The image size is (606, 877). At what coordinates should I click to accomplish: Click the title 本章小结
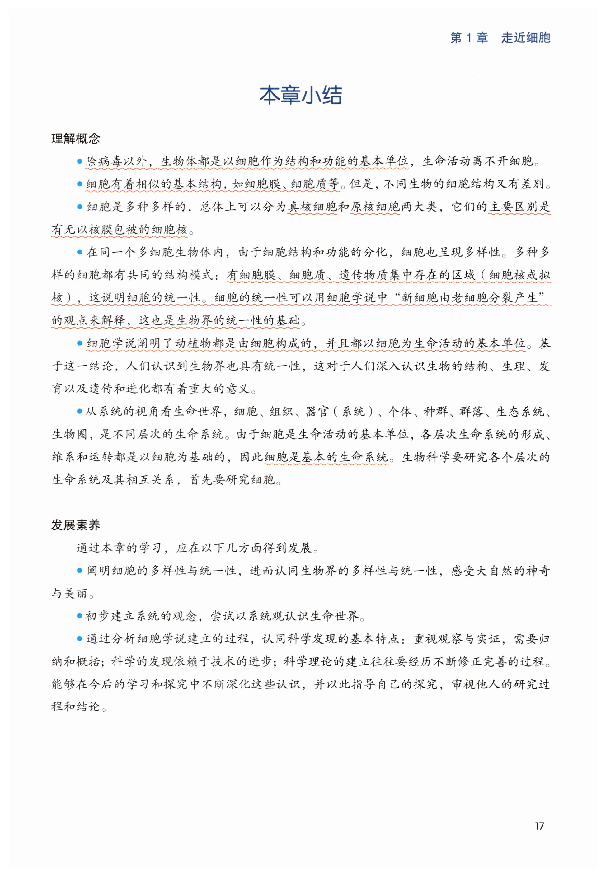301,95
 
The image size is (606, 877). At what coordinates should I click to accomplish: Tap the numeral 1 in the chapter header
469,38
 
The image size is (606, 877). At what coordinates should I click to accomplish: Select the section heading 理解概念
76,138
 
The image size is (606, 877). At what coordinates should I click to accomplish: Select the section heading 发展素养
76,525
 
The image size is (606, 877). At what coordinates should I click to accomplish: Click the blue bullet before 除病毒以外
79,161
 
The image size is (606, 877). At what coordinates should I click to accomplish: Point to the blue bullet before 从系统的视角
79,411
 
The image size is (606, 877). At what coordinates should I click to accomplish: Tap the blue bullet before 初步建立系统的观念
79,616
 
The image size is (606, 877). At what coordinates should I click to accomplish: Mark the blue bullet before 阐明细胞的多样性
79,570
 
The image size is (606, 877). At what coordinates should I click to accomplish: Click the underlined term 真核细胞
312,207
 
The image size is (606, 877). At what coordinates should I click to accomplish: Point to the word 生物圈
70,434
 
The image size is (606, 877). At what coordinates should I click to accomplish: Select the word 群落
471,411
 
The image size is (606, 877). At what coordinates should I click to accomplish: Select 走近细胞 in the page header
526,38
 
